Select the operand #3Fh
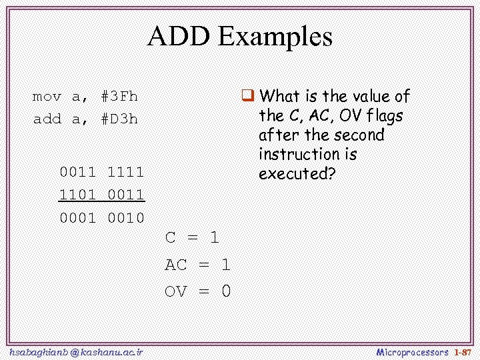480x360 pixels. (119, 97)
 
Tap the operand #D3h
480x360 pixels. (119, 119)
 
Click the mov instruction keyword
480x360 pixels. (47, 97)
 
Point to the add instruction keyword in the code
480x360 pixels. (47, 119)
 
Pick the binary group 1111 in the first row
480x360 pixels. (126, 172)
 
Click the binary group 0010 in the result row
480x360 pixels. (126, 218)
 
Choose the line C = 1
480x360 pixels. (192, 237)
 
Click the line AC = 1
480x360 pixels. (197, 265)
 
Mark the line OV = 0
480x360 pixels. (197, 291)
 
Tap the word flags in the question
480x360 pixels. (384, 116)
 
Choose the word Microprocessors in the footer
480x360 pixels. (412, 351)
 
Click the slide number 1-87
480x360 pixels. (462, 351)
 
